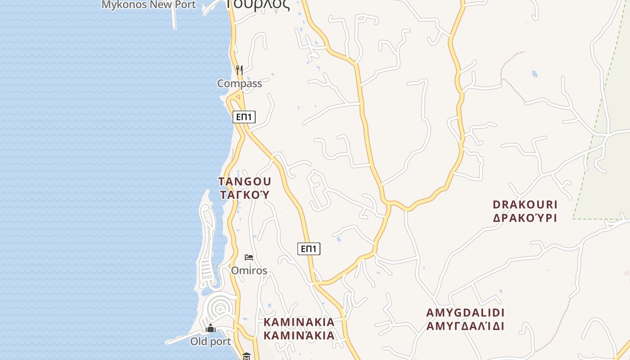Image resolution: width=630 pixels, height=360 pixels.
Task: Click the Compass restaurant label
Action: coord(239,83)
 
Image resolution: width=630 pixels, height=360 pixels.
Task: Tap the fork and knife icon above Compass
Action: coord(239,70)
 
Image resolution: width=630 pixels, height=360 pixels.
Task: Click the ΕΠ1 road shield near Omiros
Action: coord(309,248)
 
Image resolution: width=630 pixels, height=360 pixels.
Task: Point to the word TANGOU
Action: coord(245,181)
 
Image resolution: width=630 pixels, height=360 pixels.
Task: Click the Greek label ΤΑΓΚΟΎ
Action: coord(245,194)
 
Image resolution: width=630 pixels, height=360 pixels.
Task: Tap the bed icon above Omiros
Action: coord(249,257)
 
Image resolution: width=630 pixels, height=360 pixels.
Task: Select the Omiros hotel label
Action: coord(249,270)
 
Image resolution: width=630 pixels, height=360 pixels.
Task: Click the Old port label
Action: coord(211,341)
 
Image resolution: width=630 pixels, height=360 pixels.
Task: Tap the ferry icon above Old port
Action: coord(211,328)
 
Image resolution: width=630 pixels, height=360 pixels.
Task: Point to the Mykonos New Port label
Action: coord(149,5)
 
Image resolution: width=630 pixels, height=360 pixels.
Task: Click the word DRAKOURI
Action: coord(525,205)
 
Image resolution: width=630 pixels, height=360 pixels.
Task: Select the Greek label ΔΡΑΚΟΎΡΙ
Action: coord(525,218)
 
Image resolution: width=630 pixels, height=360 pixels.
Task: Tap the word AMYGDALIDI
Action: coord(465,313)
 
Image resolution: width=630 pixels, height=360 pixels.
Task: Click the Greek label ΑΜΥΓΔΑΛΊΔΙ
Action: coord(465,326)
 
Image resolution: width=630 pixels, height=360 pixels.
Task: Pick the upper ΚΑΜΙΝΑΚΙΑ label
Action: coord(299,322)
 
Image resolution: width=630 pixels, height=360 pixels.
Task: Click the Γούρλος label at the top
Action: coord(257,4)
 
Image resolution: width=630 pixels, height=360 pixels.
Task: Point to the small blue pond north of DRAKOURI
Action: coord(535,74)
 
